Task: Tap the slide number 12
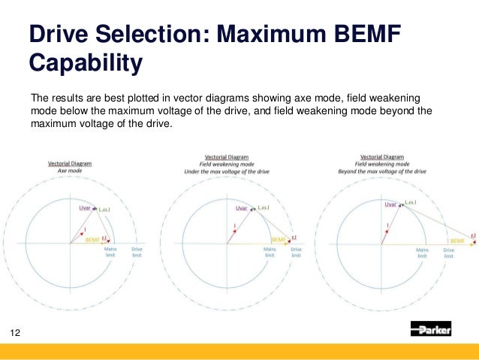[x=14, y=331]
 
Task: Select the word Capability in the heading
[x=85, y=63]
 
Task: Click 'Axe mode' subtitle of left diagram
[x=69, y=171]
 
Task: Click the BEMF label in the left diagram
[x=92, y=239]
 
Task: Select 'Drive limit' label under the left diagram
[x=137, y=253]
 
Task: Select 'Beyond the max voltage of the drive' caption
[x=387, y=171]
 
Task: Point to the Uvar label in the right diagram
[x=390, y=204]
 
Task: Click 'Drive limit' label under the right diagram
[x=449, y=253]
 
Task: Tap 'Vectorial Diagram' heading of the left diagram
[x=70, y=163]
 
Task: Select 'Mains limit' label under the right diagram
[x=422, y=253]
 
